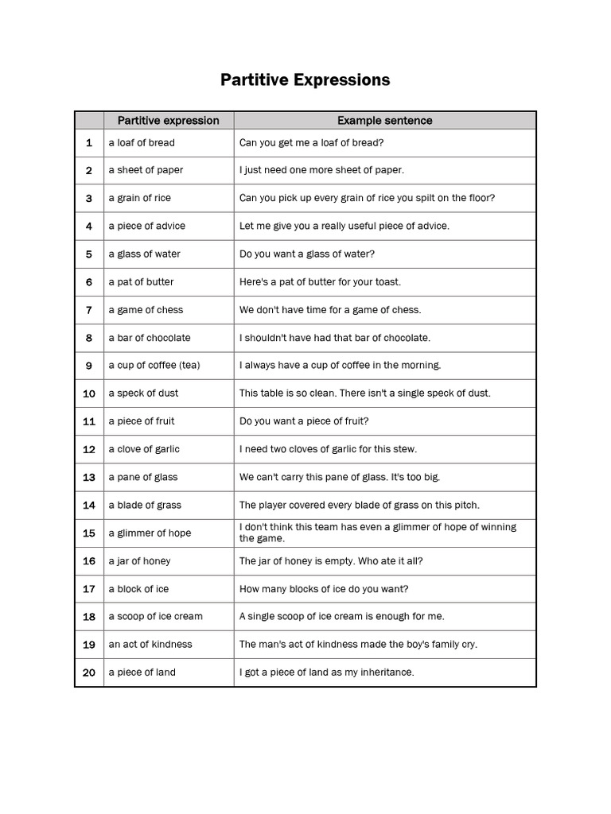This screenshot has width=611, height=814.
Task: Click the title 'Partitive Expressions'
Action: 305,80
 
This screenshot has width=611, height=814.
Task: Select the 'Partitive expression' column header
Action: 168,121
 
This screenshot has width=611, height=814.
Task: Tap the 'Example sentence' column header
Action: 384,121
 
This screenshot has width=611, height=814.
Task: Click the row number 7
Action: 89,310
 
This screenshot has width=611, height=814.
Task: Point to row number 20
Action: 89,673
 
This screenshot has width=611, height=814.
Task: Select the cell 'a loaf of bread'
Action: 142,143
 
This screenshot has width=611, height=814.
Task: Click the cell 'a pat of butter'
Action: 141,282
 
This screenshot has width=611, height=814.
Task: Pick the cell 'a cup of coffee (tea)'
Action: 154,366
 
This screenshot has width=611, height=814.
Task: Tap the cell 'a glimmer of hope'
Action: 150,533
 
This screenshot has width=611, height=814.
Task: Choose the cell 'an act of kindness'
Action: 150,645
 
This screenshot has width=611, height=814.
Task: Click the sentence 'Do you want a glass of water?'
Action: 306,254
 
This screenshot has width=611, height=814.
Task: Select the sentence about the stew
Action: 328,449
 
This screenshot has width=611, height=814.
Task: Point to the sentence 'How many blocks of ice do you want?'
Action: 324,589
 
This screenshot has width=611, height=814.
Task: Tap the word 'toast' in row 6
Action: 387,282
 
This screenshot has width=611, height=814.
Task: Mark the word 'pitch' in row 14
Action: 465,506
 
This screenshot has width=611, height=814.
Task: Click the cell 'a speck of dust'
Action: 143,393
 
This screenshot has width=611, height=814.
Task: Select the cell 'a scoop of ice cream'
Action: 155,617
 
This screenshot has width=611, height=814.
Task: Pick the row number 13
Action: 89,478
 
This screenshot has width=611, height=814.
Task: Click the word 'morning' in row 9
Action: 421,366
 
